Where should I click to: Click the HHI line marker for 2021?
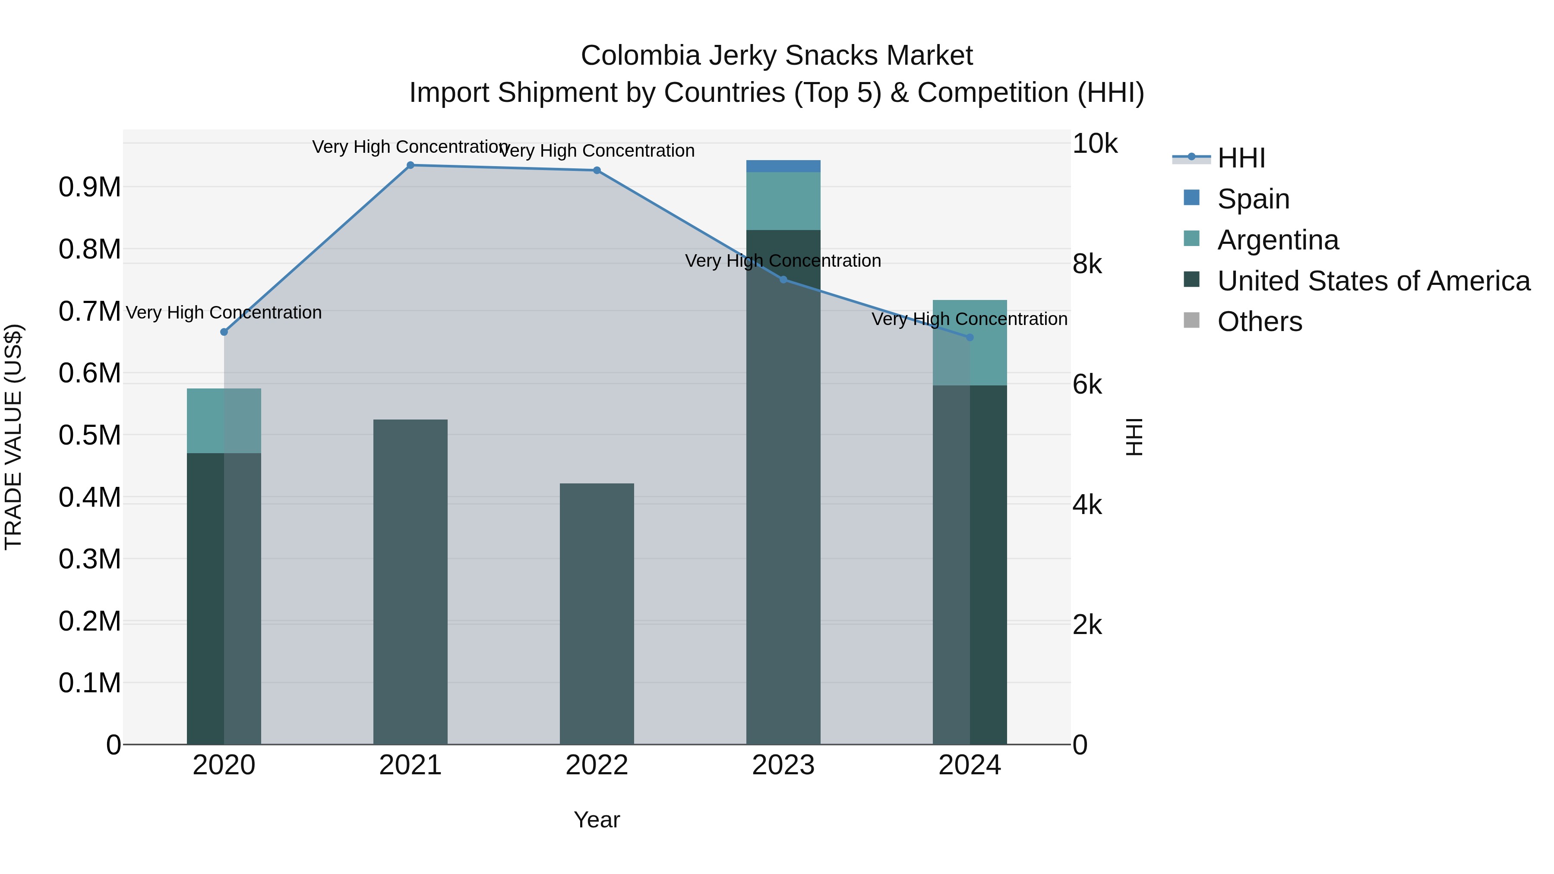pos(410,165)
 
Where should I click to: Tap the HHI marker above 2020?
pos(224,332)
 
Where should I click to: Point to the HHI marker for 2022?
pos(597,170)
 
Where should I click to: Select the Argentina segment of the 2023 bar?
pos(783,201)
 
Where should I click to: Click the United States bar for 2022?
pos(597,613)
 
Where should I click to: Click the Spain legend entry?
pos(1253,199)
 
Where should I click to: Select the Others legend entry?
pos(1259,322)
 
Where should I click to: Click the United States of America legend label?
pos(1374,281)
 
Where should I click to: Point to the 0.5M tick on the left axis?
pos(89,435)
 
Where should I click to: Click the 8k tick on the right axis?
pos(1087,264)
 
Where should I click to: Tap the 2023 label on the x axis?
pos(783,765)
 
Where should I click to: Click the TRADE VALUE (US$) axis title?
pos(14,437)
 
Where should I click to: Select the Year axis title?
pos(597,820)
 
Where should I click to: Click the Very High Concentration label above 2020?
pos(224,312)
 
